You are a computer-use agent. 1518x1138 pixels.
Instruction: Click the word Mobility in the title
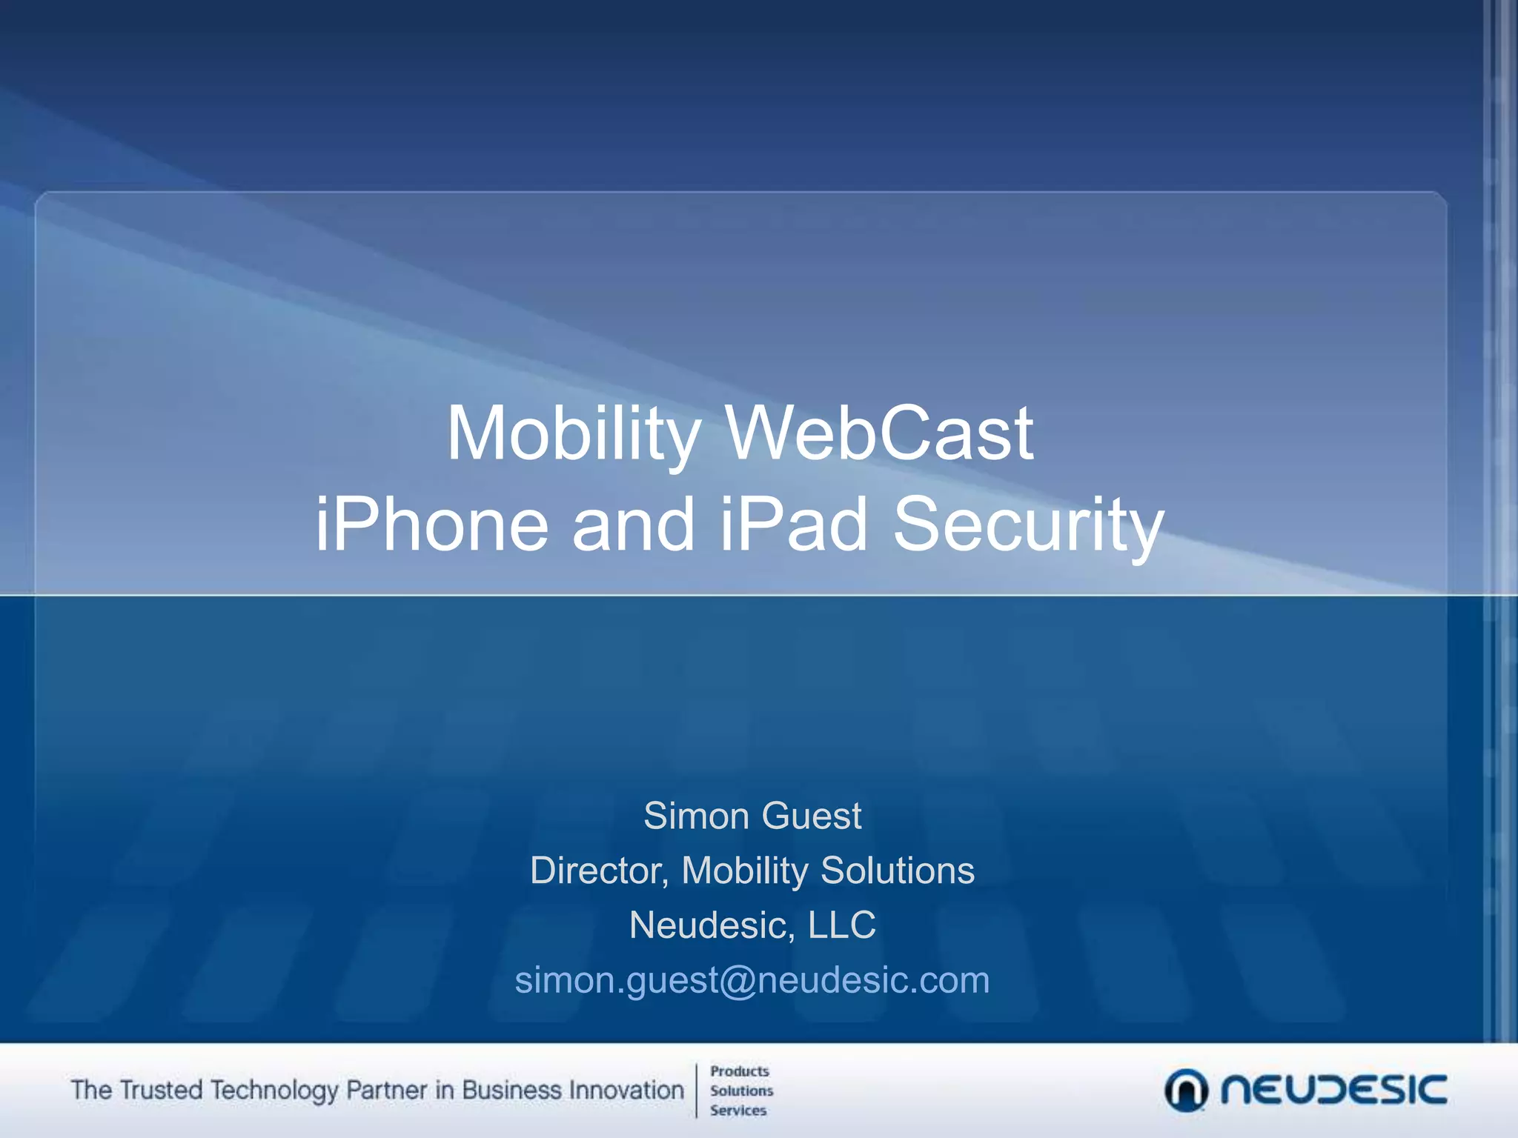click(573, 434)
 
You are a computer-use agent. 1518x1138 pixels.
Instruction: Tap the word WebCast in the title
click(879, 434)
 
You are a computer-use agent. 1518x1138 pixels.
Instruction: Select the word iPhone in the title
click(432, 525)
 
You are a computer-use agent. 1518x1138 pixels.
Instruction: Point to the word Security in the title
click(1029, 525)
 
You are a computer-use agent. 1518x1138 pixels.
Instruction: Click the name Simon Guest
click(752, 816)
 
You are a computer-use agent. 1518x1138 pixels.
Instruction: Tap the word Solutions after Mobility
click(898, 871)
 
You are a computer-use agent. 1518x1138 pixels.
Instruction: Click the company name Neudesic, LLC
click(752, 925)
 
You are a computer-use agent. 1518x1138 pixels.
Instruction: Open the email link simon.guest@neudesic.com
click(752, 980)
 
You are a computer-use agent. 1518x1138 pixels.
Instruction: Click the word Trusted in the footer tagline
click(161, 1091)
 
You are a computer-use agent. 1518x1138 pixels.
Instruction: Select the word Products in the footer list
click(740, 1071)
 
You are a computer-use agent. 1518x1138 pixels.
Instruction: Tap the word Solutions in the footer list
click(741, 1091)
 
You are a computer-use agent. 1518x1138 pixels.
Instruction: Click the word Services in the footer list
click(738, 1111)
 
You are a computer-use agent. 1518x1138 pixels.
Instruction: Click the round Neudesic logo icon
click(1186, 1091)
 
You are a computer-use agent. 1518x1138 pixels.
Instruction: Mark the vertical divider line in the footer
click(697, 1091)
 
